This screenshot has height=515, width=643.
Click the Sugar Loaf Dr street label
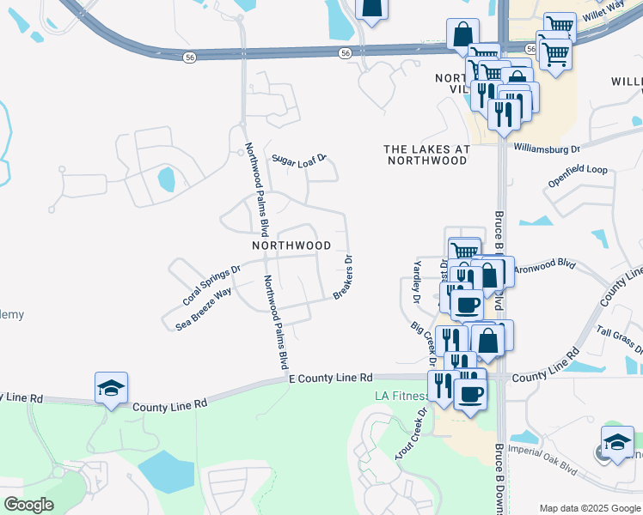(x=300, y=159)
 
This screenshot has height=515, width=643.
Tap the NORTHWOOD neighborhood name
(x=291, y=245)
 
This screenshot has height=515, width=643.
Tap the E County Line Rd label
(x=331, y=378)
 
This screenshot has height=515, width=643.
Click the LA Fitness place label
(x=401, y=396)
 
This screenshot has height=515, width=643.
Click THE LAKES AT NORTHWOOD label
(x=427, y=154)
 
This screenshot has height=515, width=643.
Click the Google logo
(x=28, y=505)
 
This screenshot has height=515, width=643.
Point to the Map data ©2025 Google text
(x=590, y=507)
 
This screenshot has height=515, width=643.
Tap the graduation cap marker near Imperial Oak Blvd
(x=616, y=442)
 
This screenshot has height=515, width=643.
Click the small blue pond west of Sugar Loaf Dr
(x=167, y=179)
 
